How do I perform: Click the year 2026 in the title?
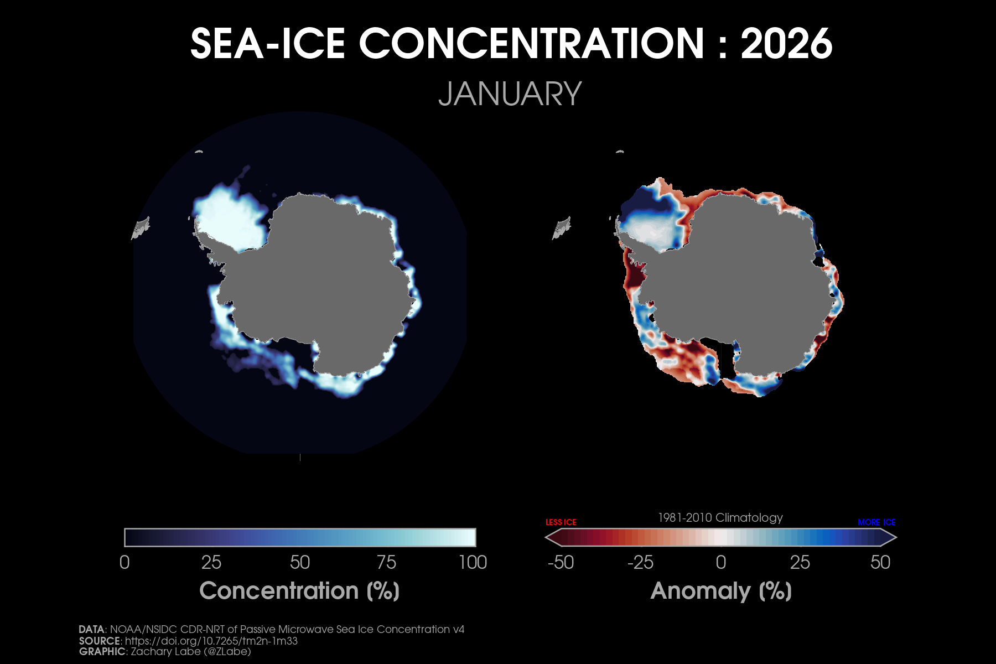click(x=786, y=44)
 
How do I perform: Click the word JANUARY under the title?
click(x=510, y=94)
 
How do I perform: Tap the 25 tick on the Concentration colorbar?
click(x=211, y=562)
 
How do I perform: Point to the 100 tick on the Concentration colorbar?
click(x=473, y=562)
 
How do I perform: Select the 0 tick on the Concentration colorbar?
click(x=124, y=562)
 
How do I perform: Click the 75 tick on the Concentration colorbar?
click(x=386, y=562)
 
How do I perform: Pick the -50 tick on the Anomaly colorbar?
click(x=561, y=562)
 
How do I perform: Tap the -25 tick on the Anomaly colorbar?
click(x=640, y=562)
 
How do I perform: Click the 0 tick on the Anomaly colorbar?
click(x=720, y=562)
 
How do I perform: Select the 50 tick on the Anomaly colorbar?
click(x=880, y=562)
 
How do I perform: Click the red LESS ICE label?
click(x=561, y=522)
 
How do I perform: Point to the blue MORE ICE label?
click(x=876, y=522)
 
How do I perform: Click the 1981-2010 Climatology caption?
click(x=720, y=518)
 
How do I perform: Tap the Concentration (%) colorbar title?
click(x=299, y=591)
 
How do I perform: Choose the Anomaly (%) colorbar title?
click(x=721, y=591)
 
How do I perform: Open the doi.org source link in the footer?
click(x=211, y=641)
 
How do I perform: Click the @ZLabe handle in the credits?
click(x=227, y=651)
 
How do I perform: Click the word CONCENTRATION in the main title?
click(x=532, y=44)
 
